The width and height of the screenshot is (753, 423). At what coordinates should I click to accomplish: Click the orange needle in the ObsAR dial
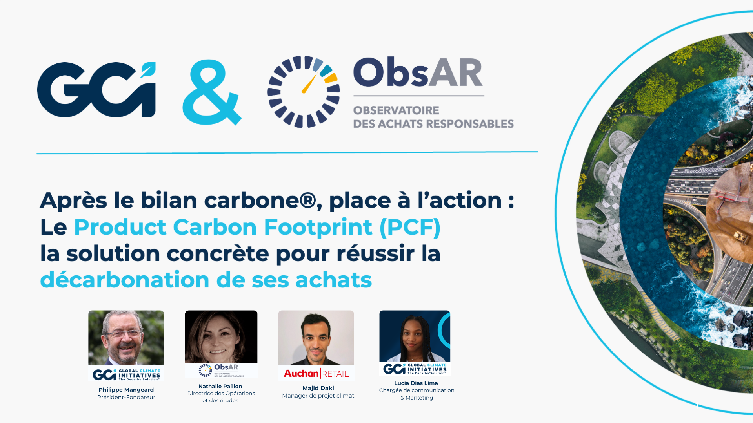(309, 83)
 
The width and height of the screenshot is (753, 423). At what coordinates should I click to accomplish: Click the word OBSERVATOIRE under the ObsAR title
(396, 110)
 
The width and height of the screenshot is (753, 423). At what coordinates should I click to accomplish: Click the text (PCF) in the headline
(410, 227)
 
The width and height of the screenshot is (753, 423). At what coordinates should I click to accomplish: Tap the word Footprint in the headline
(318, 227)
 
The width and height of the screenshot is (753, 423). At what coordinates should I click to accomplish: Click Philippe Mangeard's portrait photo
(126, 338)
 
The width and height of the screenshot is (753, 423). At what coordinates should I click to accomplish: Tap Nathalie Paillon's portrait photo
(221, 337)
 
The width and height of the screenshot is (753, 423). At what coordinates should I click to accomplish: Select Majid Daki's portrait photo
(316, 338)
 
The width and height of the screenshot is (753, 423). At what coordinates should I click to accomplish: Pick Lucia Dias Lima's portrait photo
(415, 336)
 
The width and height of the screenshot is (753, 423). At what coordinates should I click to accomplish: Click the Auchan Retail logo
(316, 373)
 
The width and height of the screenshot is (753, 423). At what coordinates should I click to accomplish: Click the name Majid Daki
(318, 388)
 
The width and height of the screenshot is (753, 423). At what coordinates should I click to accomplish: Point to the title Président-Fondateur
(126, 397)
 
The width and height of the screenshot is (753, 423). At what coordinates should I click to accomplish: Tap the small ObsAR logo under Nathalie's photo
(221, 370)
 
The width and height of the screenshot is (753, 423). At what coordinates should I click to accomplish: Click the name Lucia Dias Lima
(416, 383)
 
